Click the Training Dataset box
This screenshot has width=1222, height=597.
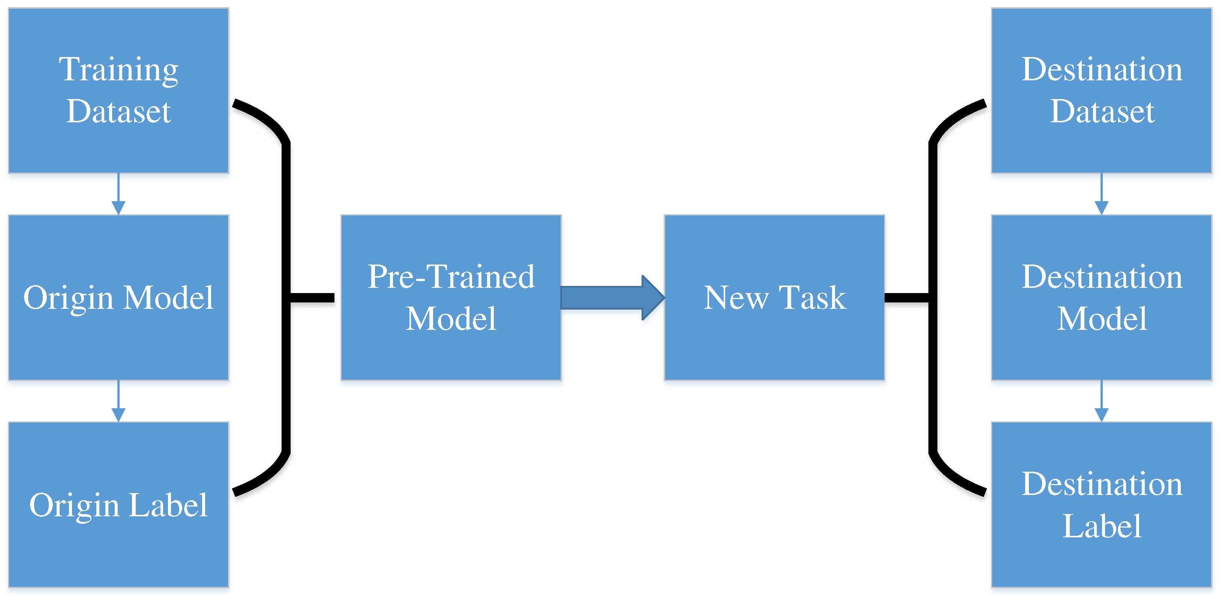tap(118, 90)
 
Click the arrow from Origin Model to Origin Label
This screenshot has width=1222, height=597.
tap(118, 401)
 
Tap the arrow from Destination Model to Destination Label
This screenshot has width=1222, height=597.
tap(1102, 401)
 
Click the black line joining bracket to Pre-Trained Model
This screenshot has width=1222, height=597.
tap(312, 298)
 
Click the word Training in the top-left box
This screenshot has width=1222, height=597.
tap(118, 70)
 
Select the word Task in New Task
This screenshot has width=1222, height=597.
tap(812, 298)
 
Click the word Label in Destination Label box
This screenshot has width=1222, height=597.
tap(1102, 526)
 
